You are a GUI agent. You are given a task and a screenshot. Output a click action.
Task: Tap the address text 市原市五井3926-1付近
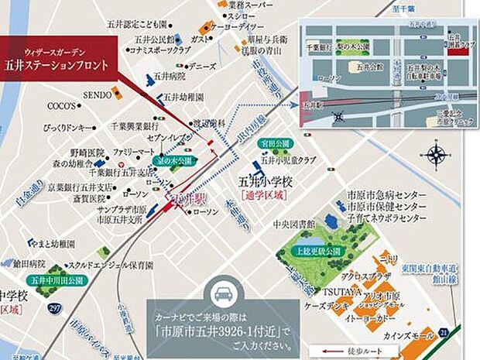(221, 323)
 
